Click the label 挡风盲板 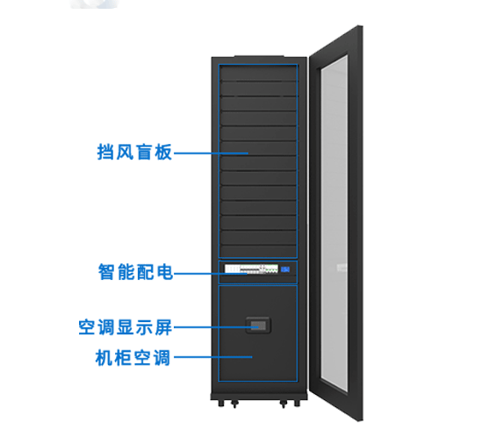pyautogui.click(x=134, y=152)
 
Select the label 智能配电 pyautogui.click(x=135, y=272)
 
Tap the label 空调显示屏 pyautogui.click(x=126, y=327)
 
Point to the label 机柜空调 pyautogui.click(x=133, y=358)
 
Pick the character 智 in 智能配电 pyautogui.click(x=107, y=272)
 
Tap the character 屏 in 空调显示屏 pyautogui.click(x=163, y=327)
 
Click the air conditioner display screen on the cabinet pyautogui.click(x=258, y=325)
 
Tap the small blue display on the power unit pyautogui.click(x=285, y=269)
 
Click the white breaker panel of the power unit pyautogui.click(x=251, y=269)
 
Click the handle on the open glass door pyautogui.click(x=342, y=268)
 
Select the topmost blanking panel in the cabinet pyautogui.click(x=258, y=73)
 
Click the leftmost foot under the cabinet pyautogui.click(x=221, y=403)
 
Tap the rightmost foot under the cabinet pyautogui.click(x=297, y=403)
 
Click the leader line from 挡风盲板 pyautogui.click(x=211, y=153)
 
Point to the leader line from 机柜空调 pyautogui.click(x=213, y=357)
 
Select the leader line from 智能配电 pyautogui.click(x=211, y=274)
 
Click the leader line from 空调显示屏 pyautogui.click(x=216, y=327)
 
